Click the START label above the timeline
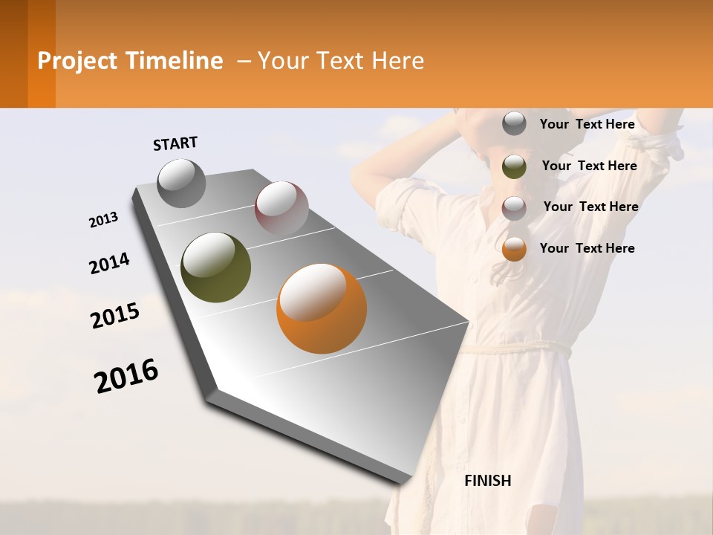tap(175, 143)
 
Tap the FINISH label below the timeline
tap(487, 481)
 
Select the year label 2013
tap(104, 220)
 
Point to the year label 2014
tap(109, 263)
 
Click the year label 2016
tap(126, 376)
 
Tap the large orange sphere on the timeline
tap(322, 308)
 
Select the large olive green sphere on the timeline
tap(216, 267)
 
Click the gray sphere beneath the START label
tap(182, 184)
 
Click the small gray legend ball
tap(514, 124)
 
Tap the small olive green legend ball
tap(514, 166)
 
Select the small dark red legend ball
tap(514, 207)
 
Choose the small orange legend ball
tap(514, 249)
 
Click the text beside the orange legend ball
tap(587, 248)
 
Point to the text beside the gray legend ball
tap(587, 124)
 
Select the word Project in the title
tap(78, 61)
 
